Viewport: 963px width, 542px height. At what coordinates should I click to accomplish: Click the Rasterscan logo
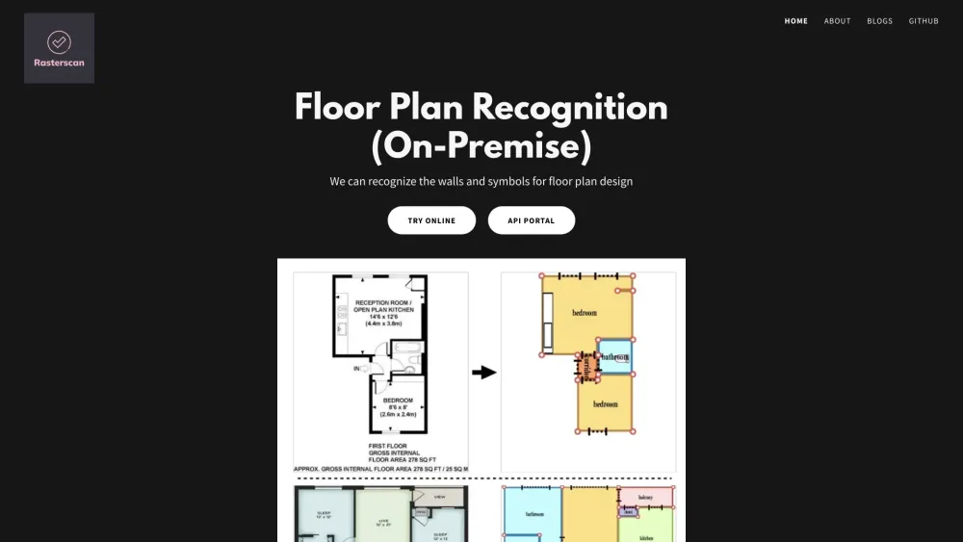point(59,48)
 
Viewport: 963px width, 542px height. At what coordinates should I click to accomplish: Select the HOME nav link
point(796,21)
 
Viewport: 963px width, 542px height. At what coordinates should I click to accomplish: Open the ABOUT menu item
point(838,21)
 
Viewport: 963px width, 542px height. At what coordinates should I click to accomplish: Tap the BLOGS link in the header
point(879,21)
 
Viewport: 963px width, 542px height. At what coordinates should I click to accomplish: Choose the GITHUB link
point(924,21)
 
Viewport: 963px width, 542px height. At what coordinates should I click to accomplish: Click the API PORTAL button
point(532,220)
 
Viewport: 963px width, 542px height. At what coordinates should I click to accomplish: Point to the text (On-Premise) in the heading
point(481,146)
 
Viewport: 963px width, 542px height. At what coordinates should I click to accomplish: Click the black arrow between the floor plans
point(483,373)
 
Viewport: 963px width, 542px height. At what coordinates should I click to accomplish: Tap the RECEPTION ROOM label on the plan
point(384,303)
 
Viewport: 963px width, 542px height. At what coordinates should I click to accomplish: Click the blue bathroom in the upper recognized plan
point(615,356)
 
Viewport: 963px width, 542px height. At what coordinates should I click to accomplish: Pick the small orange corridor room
point(586,366)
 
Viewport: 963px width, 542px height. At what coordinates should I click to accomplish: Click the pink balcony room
point(645,497)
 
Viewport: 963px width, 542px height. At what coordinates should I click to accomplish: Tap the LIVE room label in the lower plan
point(381,520)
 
